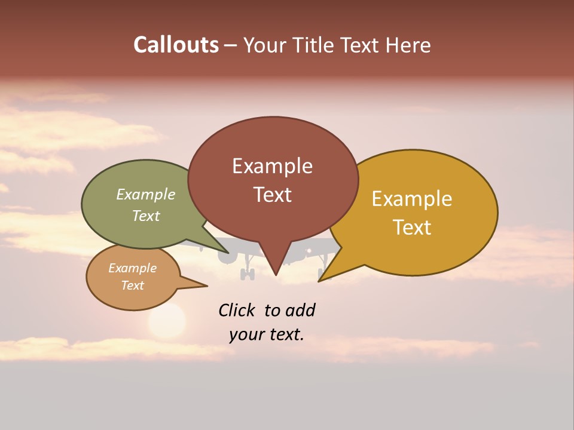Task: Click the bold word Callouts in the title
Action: coord(176,45)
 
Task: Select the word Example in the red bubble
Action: coord(272,166)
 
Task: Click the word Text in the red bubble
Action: coord(272,195)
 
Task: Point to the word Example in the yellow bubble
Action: coord(412,199)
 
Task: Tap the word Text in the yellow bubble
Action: coord(412,227)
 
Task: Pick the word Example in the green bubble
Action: coord(145,194)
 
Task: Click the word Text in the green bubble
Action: coord(145,216)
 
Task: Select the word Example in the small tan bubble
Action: coord(132,268)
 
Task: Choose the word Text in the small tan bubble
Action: coord(132,285)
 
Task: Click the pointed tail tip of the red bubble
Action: coord(276,275)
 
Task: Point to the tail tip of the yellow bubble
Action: coord(319,280)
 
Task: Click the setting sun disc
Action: coord(167,321)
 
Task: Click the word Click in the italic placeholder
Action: coord(236,310)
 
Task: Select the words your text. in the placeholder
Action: coord(266,334)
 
